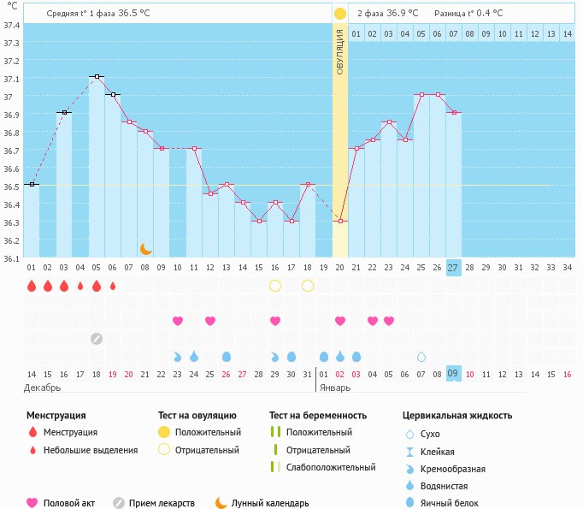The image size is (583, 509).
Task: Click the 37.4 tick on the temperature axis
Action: coord(12,26)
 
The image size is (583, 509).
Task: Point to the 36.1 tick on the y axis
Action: coord(12,257)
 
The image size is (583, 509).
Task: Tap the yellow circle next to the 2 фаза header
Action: coord(340,13)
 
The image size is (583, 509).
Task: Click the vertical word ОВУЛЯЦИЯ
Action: coord(340,51)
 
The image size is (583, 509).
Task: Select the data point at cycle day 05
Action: coord(97,77)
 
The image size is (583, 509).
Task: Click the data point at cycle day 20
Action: coord(340,221)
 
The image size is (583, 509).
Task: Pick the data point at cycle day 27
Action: coord(454,112)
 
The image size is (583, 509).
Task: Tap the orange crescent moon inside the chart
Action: coord(146,249)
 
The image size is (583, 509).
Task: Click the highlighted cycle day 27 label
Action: coord(454,267)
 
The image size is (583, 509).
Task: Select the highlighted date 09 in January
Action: coord(454,374)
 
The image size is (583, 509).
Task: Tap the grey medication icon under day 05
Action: coord(97,338)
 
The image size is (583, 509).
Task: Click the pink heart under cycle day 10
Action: coord(178,321)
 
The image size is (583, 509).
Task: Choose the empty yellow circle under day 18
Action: coord(308,286)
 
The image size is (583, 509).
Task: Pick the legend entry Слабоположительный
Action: coord(331,467)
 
